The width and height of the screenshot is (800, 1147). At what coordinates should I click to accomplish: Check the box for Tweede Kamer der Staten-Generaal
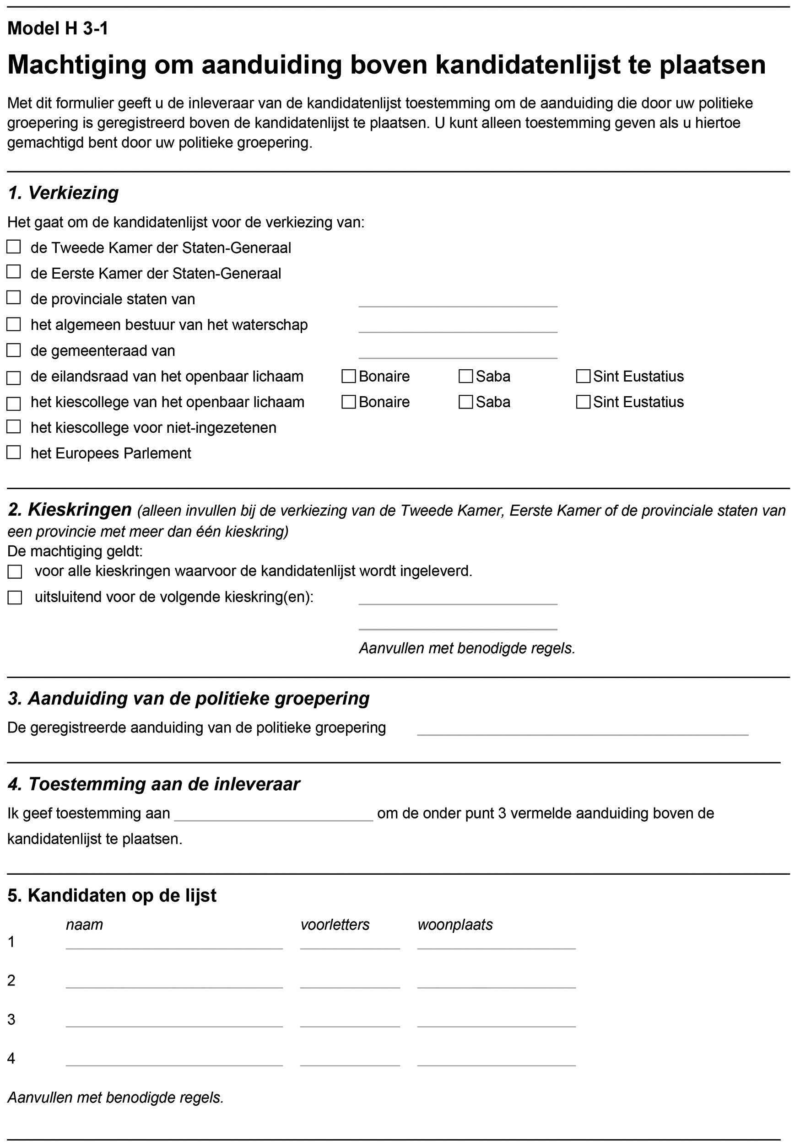(x=13, y=247)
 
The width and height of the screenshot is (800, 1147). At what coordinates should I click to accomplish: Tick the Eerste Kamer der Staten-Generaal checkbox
(x=13, y=272)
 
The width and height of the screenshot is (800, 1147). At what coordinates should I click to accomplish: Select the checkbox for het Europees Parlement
(x=13, y=452)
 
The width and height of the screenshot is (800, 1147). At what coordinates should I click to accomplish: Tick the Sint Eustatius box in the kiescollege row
(x=583, y=402)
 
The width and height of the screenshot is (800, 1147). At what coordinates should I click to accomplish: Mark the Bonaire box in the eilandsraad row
(x=348, y=377)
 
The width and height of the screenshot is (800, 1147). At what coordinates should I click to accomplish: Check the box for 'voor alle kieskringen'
(x=15, y=572)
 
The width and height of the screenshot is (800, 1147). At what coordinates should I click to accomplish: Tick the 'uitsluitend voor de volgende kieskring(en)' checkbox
(x=15, y=598)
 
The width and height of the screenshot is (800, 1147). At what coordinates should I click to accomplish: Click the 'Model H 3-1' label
(x=58, y=29)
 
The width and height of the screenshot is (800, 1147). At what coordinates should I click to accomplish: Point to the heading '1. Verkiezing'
(x=63, y=193)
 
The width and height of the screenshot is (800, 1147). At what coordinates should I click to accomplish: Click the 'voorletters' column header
(x=335, y=925)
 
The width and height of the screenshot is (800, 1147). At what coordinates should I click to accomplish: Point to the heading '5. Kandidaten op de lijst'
(x=112, y=896)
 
